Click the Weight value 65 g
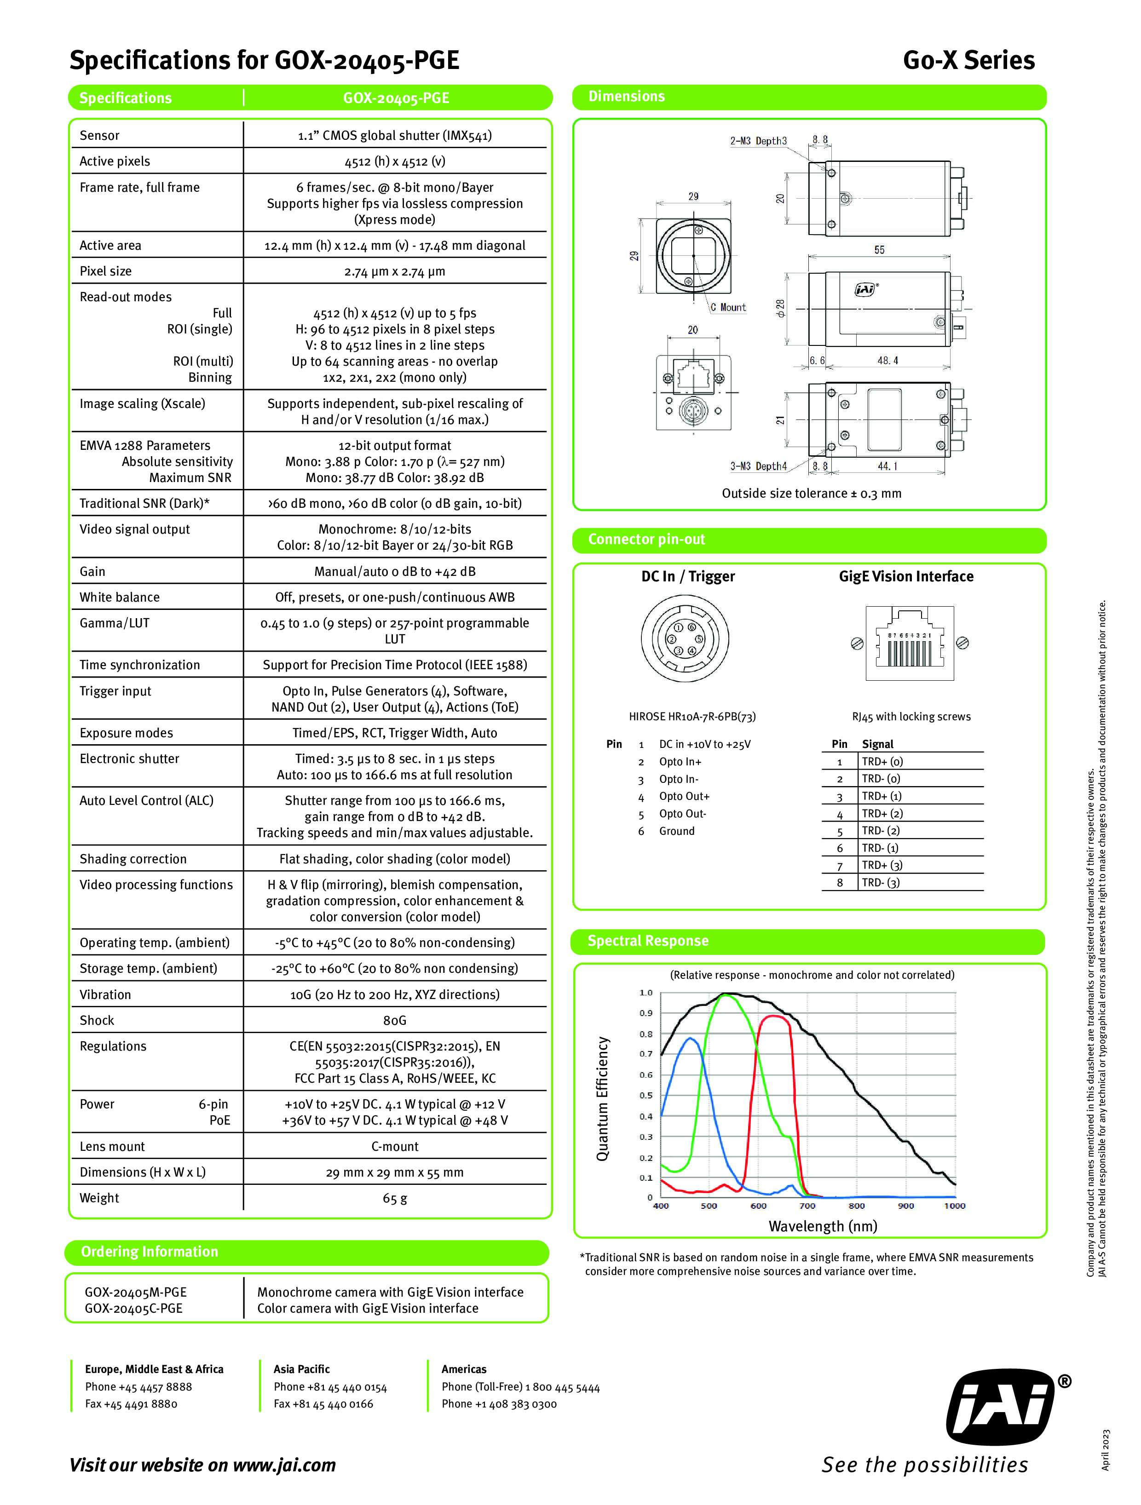pos(395,1198)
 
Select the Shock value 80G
pos(395,1020)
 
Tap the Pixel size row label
pos(105,271)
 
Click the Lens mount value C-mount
pos(395,1146)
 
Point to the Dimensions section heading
pos(626,97)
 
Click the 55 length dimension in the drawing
pos(879,250)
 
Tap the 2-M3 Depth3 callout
pos(758,141)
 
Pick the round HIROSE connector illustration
pos(685,639)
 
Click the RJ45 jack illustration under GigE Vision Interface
pos(909,643)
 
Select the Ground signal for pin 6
pos(676,831)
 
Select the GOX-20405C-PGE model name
pos(133,1309)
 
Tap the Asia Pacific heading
pos(301,1369)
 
